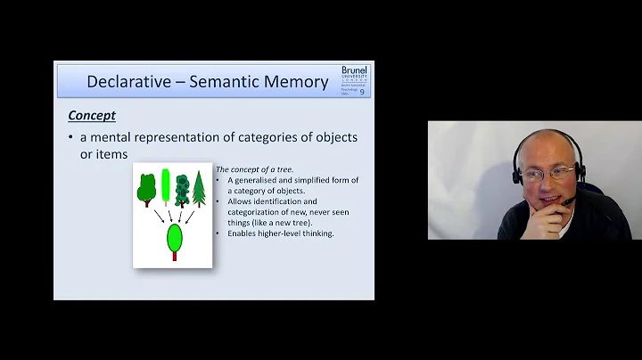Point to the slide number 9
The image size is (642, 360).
362,91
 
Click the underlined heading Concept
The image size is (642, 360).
92,116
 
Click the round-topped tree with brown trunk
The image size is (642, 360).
146,191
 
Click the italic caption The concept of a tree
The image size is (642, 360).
255,170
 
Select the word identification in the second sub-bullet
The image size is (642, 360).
280,202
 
